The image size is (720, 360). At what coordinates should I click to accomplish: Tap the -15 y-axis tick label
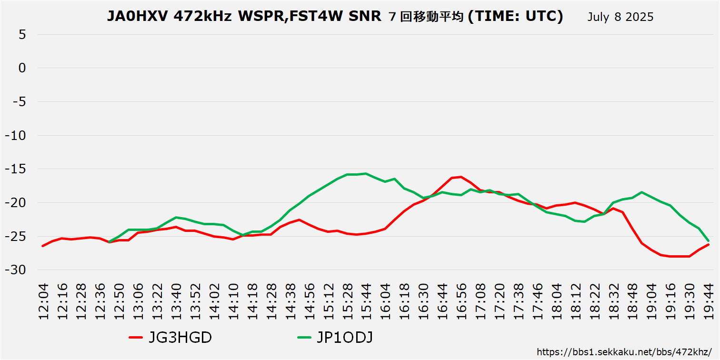coord(17,169)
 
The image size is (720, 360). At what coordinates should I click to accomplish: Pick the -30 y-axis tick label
coord(17,270)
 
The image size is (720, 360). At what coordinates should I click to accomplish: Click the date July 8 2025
coord(620,17)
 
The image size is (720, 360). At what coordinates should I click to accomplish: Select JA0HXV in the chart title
coord(138,17)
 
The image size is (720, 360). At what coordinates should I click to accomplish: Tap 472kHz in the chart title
coord(203,17)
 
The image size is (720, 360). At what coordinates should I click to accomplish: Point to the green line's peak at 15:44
coord(366,173)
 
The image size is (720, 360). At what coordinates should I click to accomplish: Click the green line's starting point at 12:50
coord(110,242)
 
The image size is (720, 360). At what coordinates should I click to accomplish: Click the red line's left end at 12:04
coord(43,246)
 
